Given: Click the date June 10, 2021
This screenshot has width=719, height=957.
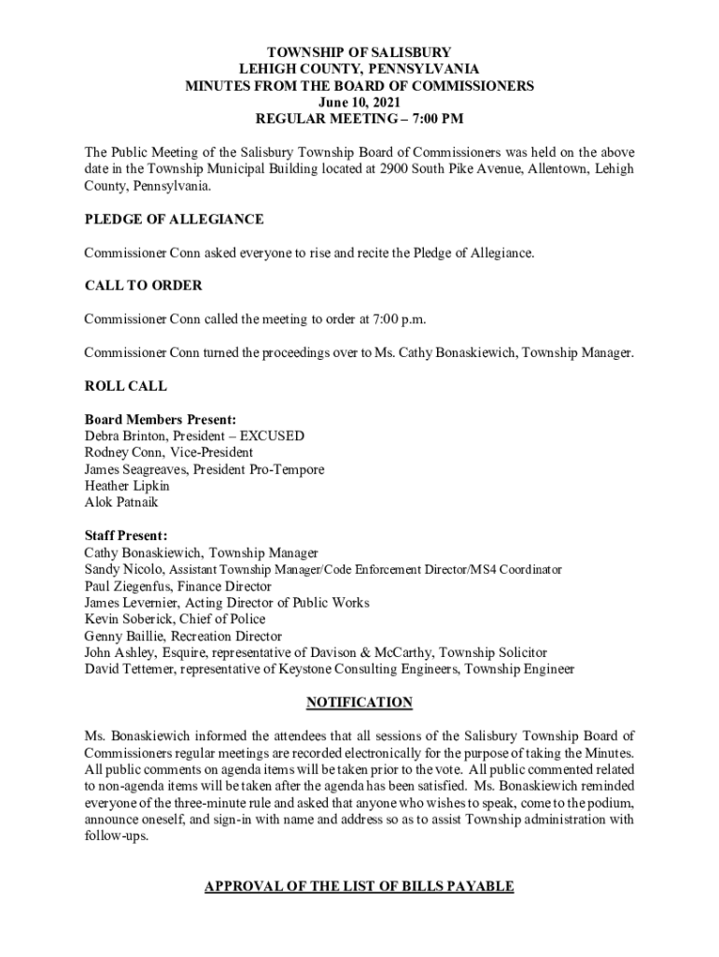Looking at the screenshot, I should tap(359, 102).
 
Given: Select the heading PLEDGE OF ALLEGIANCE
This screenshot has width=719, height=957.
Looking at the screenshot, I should tap(174, 220).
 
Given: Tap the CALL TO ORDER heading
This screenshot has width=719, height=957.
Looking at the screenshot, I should tap(143, 285).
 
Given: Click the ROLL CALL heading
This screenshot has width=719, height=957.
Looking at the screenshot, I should tap(126, 385).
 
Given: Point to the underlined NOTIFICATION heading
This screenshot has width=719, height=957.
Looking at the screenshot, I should tap(359, 702).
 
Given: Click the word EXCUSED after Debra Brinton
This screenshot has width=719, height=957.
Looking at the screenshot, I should tap(272, 436).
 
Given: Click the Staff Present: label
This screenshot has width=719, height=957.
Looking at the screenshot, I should tap(126, 536).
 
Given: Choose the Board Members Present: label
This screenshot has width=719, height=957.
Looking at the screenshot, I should tap(160, 420).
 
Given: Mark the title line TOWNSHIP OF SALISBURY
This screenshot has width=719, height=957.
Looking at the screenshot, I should tap(359, 52).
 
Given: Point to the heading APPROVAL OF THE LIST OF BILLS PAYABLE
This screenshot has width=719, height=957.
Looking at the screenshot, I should tap(359, 886).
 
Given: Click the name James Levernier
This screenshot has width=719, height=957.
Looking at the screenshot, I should tap(132, 603).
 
